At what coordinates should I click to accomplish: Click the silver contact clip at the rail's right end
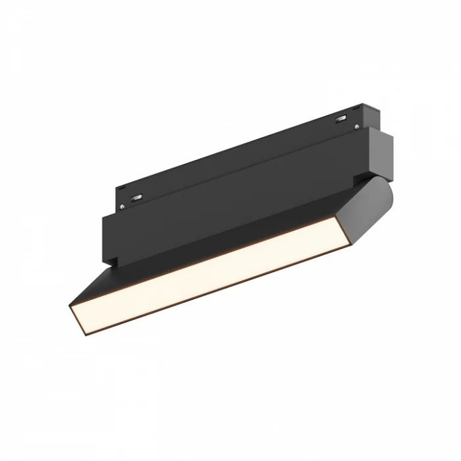point(342,119)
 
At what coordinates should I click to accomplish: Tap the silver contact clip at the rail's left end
point(138,196)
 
